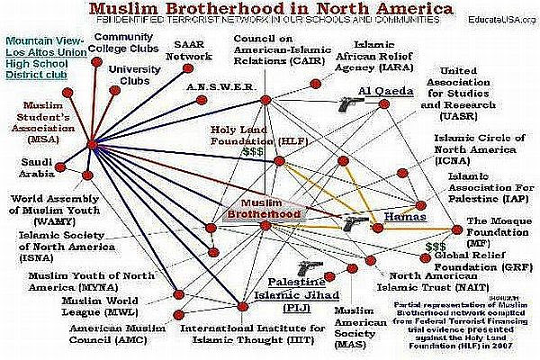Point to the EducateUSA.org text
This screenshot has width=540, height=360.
click(496, 19)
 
